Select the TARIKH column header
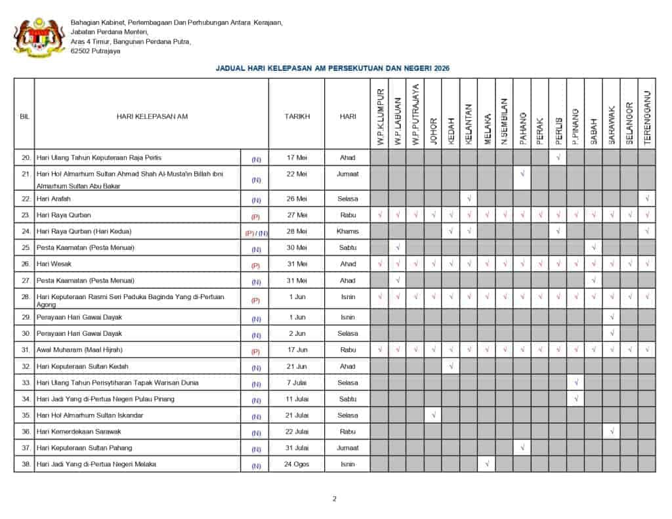[297, 116]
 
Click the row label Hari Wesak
[54, 264]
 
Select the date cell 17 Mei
[297, 157]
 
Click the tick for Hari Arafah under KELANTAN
[469, 198]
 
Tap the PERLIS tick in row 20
[558, 157]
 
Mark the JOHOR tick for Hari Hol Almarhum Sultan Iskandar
[433, 415]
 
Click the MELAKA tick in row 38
[486, 465]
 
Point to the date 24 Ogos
[297, 465]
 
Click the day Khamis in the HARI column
[348, 231]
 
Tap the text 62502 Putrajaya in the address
[96, 51]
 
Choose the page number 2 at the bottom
[334, 499]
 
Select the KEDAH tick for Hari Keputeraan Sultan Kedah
[451, 366]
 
